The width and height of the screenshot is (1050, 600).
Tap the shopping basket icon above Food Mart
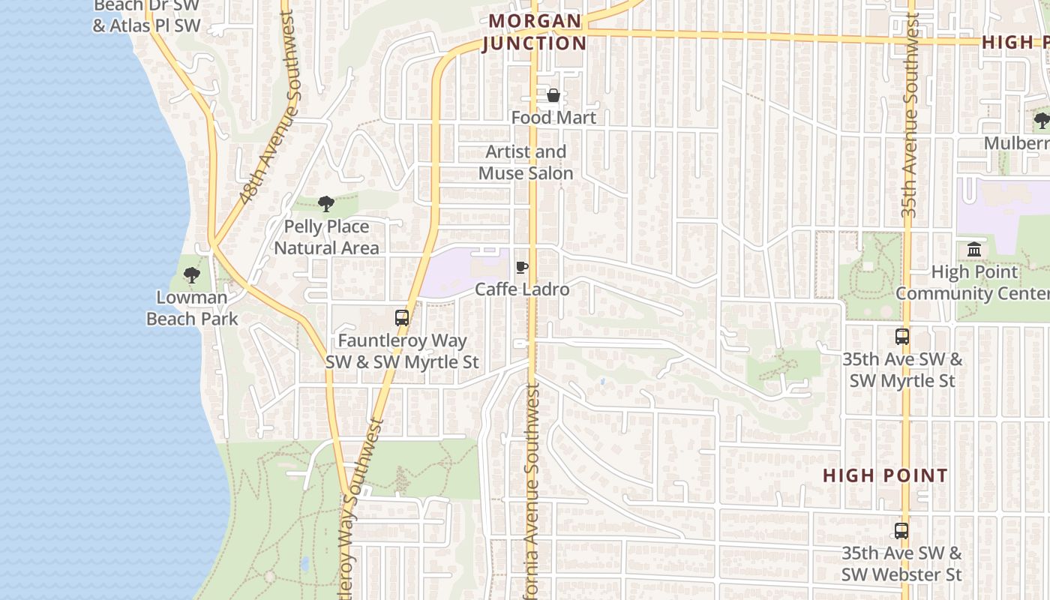coord(553,95)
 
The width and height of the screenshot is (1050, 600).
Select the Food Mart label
coord(553,118)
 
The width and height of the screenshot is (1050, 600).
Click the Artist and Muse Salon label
coord(526,162)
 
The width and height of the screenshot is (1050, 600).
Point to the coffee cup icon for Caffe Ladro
coord(522,267)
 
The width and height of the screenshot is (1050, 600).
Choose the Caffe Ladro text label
coord(522,289)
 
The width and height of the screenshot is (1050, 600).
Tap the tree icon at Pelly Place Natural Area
coord(325,203)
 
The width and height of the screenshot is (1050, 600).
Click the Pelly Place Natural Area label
coord(326,237)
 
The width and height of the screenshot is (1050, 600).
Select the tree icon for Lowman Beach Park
coord(192,274)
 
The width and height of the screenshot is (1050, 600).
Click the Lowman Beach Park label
coord(192,307)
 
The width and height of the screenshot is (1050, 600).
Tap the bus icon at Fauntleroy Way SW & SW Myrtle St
coord(402,318)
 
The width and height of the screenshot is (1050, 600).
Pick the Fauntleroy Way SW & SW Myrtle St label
coord(402,351)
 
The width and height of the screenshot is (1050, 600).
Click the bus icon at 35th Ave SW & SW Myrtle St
coord(902,337)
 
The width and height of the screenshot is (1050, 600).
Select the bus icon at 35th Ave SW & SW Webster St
coord(901,531)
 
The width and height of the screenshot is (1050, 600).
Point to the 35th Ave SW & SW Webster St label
coord(901,564)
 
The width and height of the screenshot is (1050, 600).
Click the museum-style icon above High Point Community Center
coord(974,249)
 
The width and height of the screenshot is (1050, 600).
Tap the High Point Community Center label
coord(973,282)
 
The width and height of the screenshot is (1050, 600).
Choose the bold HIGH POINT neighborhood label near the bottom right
coord(885,475)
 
